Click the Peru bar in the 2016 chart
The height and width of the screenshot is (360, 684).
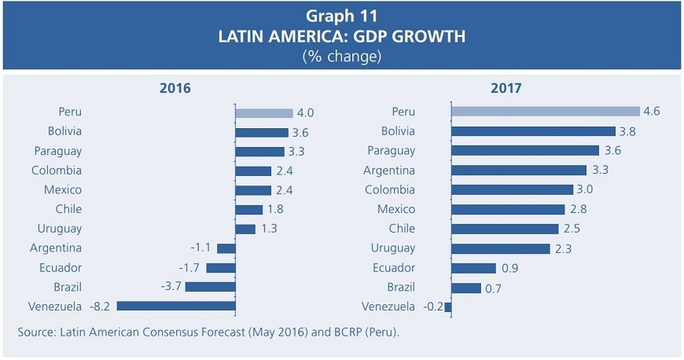pos(263,113)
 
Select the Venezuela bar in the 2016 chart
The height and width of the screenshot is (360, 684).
pos(176,307)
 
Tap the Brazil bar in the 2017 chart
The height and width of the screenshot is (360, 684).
pos(466,288)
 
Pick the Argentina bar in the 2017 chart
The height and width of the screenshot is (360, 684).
pos(519,171)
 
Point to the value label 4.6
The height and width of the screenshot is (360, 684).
pos(651,112)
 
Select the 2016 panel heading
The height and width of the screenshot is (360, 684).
pos(175,88)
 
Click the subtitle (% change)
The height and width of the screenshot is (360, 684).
pos(341,57)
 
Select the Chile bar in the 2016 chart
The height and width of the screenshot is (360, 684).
pos(248,210)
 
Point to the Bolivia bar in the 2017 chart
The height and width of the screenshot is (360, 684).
pos(533,132)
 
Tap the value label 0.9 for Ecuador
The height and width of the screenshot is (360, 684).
pos(509,268)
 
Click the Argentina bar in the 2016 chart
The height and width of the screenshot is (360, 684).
pos(226,248)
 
